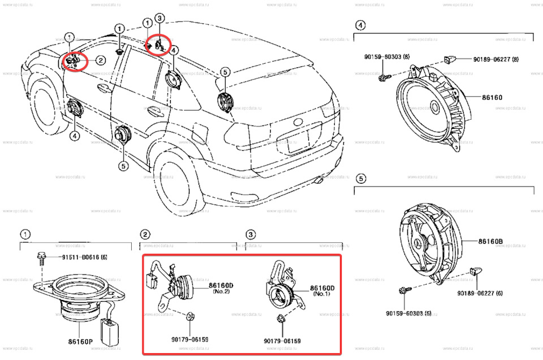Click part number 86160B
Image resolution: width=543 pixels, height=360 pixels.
[x=490, y=241]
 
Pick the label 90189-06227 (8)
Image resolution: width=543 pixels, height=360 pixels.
[x=488, y=59]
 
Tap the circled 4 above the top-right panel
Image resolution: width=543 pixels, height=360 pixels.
[x=360, y=25]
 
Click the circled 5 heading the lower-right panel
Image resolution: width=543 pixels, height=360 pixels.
[x=360, y=179]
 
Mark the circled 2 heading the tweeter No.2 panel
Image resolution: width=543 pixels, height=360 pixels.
[x=145, y=234]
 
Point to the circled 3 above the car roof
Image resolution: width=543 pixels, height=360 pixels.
[x=160, y=19]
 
